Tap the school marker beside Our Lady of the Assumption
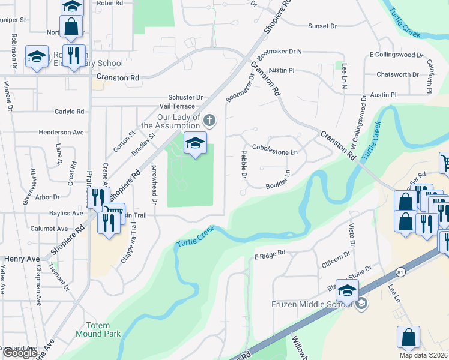tap(195, 143)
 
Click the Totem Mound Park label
tap(98, 329)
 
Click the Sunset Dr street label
tap(323, 26)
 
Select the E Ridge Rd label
tap(269, 255)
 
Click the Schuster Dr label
tap(185, 97)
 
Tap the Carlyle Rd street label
tap(69, 112)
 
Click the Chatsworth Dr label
tap(398, 75)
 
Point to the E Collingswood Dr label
tap(396, 55)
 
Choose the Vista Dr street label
tap(352, 230)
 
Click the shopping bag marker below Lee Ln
tap(408, 337)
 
